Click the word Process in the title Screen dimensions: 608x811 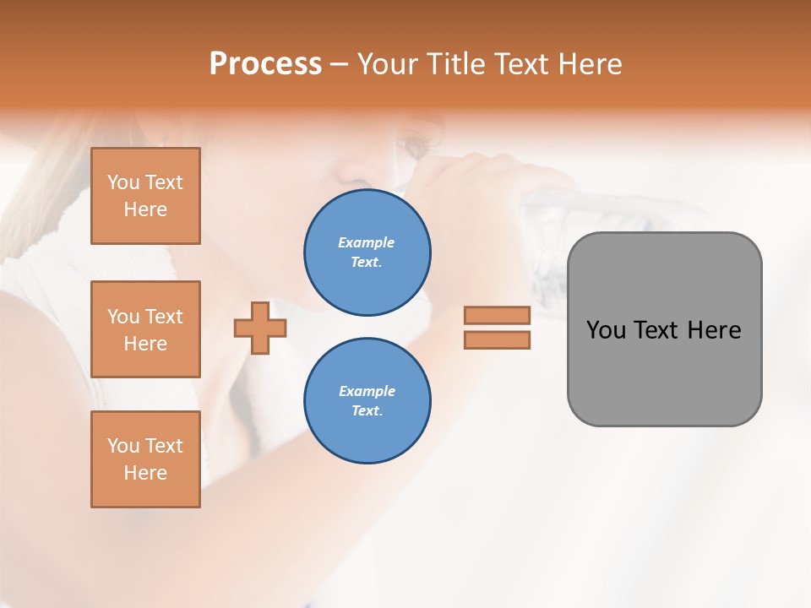pos(265,64)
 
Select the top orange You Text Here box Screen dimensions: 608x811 pos(145,196)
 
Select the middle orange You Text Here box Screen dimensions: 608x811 pos(145,329)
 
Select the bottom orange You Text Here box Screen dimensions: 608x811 pos(145,459)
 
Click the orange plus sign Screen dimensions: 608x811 pos(260,328)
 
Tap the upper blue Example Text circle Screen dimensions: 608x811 pos(367,252)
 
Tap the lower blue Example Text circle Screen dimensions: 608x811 pos(367,401)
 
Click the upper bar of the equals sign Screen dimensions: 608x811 pos(497,316)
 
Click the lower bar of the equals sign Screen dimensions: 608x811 pos(497,340)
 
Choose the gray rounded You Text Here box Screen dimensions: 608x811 pos(664,372)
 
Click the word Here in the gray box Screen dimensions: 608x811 pos(715,330)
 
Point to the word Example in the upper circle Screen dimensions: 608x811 pos(367,243)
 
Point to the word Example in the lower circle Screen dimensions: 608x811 pos(367,392)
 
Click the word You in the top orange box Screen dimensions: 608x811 pos(123,183)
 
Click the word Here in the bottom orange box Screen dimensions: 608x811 pos(145,473)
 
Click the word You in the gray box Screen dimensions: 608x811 pos(606,330)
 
